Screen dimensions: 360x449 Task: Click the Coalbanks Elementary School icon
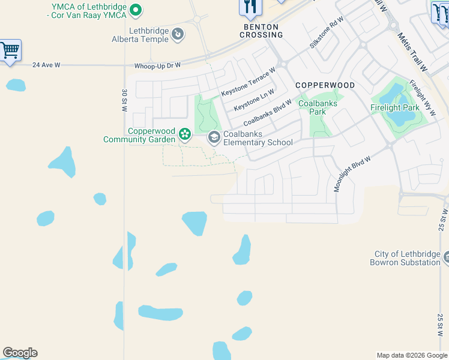(x=214, y=138)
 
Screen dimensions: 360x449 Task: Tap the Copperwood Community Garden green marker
(x=185, y=133)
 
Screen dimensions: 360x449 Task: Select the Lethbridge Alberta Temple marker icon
(x=178, y=35)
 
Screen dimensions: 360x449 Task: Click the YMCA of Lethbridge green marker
(x=136, y=10)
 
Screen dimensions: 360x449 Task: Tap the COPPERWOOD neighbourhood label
(x=325, y=86)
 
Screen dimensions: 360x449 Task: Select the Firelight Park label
(x=393, y=108)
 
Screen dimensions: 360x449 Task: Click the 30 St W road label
(x=124, y=101)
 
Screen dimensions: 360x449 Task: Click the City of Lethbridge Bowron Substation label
(x=406, y=259)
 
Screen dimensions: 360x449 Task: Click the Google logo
(x=20, y=353)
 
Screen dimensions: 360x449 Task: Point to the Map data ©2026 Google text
(x=412, y=355)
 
